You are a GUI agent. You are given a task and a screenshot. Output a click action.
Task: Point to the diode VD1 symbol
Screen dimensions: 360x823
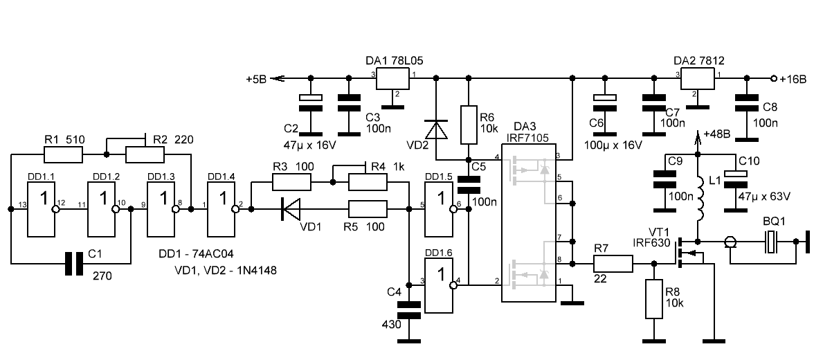tap(291, 208)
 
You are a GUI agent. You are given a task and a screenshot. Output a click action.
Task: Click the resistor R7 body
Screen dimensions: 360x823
tap(613, 263)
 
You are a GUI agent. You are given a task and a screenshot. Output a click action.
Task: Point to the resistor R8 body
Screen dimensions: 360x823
tap(653, 299)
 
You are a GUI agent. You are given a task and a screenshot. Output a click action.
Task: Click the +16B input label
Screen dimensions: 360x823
tap(793, 79)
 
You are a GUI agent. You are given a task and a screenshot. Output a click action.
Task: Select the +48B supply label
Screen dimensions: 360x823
tap(716, 134)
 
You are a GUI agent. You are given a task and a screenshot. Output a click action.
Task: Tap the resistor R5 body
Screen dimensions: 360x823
tap(367, 208)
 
